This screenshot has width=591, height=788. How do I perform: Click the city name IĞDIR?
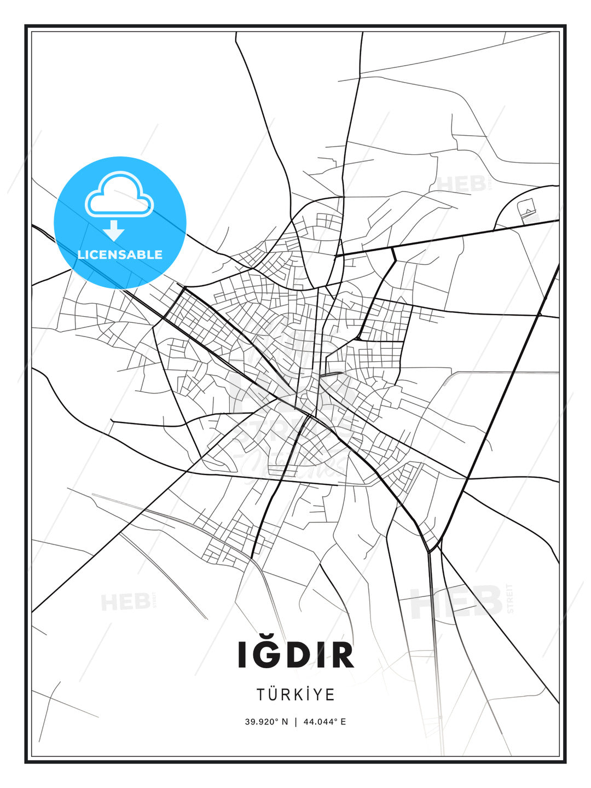pos(296,654)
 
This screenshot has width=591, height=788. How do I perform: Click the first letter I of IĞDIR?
pos(242,655)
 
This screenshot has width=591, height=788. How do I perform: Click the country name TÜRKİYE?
pos(296,694)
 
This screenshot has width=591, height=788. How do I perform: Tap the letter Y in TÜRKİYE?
pos(317,694)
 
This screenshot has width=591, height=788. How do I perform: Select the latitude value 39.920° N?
pos(266,722)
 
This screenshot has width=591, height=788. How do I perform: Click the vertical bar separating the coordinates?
pos(296,722)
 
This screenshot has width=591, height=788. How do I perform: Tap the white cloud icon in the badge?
pos(119,195)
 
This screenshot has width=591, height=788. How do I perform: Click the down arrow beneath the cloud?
pos(114,231)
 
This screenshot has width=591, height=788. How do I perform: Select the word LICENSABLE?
pos(120,254)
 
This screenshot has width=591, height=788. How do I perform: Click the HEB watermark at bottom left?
pos(125,602)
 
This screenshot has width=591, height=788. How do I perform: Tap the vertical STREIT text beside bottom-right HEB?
pos(511,599)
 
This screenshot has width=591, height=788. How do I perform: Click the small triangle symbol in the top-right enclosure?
pos(527,211)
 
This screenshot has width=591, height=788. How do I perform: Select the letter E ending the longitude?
pos(343,722)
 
